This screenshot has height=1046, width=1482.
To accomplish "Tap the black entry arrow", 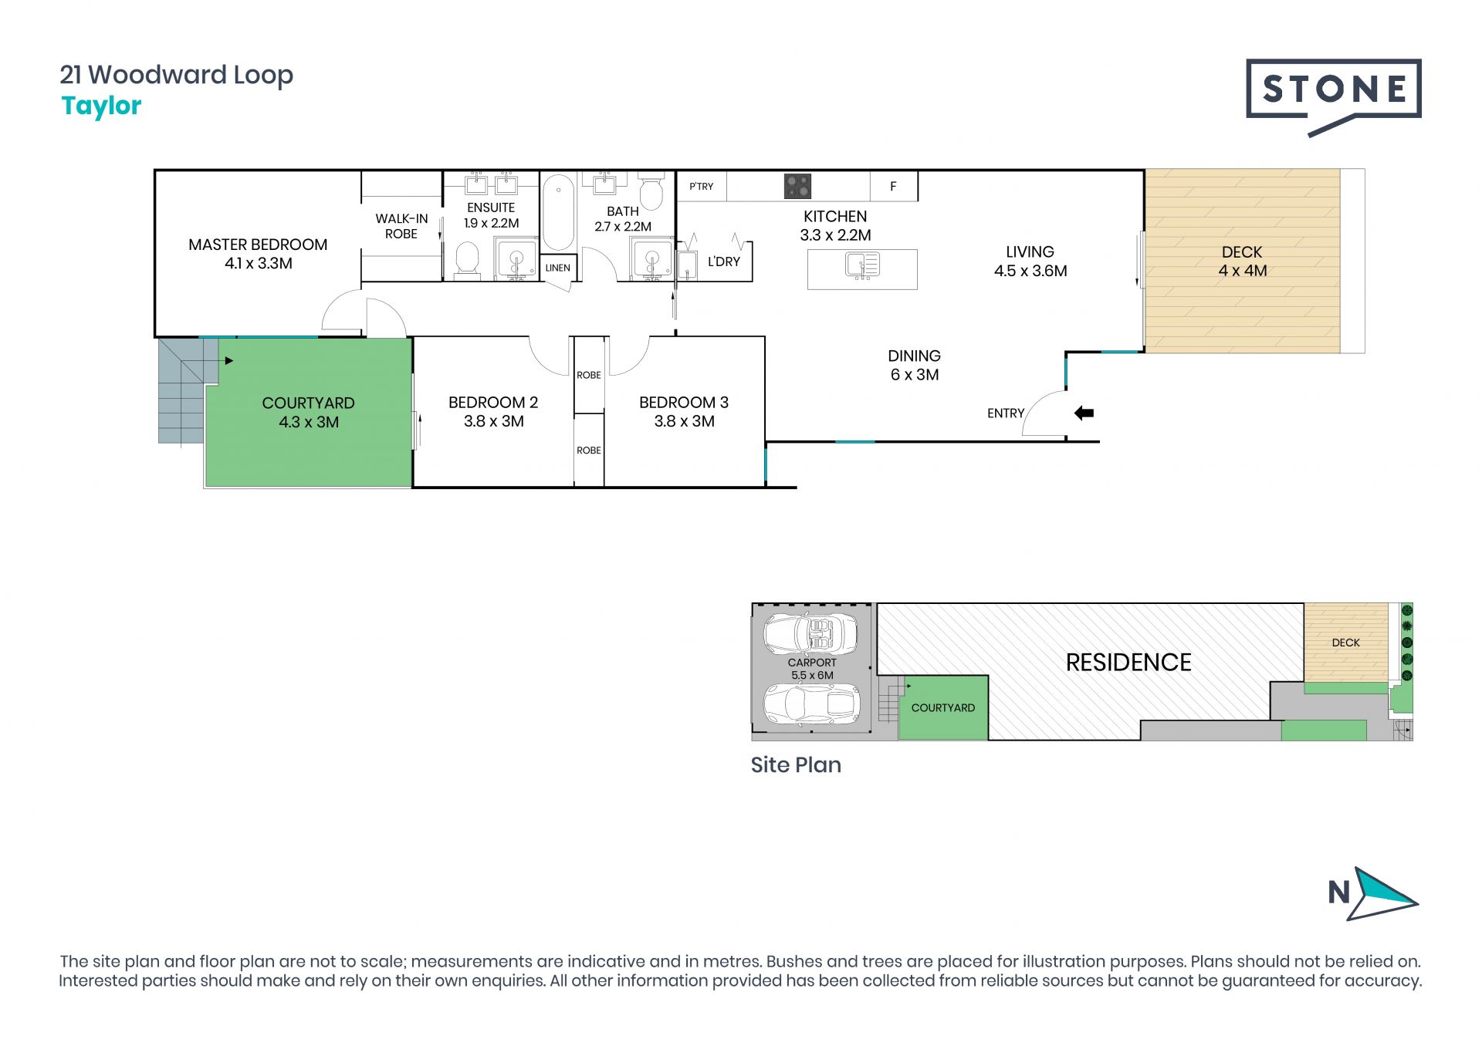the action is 1084,413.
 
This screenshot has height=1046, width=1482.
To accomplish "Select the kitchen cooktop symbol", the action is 797,186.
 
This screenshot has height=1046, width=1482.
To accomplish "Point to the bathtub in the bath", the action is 558,212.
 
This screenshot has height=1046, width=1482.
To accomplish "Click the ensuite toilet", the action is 468,260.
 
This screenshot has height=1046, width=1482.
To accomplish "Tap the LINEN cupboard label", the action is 558,268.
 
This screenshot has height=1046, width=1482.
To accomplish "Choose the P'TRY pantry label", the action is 701,186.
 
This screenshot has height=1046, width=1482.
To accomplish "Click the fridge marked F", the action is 894,186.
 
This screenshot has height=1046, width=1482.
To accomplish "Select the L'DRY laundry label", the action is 724,261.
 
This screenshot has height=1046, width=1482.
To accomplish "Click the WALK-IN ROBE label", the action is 401,226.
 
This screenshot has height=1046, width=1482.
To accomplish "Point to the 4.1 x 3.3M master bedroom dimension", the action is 259,263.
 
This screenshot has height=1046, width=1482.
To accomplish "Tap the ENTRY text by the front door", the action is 1006,413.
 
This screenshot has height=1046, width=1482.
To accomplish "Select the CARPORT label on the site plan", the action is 812,663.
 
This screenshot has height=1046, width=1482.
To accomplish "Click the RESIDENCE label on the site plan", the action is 1128,663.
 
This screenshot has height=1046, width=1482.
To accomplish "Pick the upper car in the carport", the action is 810,634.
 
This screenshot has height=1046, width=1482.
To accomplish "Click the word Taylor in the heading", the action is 101,106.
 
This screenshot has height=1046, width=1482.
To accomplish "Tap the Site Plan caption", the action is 796,764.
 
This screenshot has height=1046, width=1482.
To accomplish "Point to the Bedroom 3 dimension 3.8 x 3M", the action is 685,421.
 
